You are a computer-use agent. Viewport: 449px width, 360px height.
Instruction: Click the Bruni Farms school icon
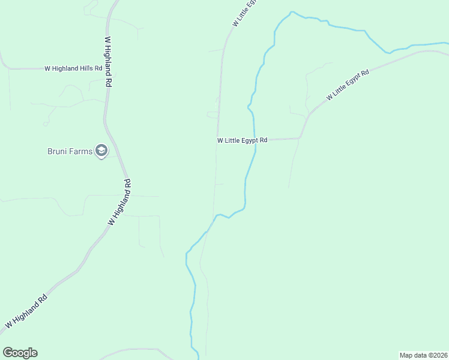pyautogui.click(x=101, y=151)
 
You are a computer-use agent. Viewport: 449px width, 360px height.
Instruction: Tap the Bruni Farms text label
pyautogui.click(x=70, y=151)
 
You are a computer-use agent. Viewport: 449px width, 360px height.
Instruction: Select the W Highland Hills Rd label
pyautogui.click(x=74, y=68)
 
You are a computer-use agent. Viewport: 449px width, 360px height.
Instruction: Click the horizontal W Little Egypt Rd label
pyautogui.click(x=242, y=140)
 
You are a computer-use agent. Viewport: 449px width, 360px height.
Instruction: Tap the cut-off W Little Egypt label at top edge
pyautogui.click(x=244, y=12)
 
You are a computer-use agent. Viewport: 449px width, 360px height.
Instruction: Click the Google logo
pyautogui.click(x=20, y=353)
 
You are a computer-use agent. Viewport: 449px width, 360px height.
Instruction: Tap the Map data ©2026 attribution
pyautogui.click(x=423, y=355)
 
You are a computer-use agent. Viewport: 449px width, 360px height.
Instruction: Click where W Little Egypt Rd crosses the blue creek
pyautogui.click(x=255, y=140)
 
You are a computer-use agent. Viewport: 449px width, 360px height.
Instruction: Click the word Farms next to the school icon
pyautogui.click(x=81, y=151)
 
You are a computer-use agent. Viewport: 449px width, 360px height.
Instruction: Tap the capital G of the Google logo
pyautogui.click(x=8, y=353)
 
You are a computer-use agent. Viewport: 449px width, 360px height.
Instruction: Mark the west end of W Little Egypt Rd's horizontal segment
pyautogui.click(x=217, y=140)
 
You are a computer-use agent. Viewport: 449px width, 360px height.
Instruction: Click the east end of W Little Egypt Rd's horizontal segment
pyautogui.click(x=299, y=139)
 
